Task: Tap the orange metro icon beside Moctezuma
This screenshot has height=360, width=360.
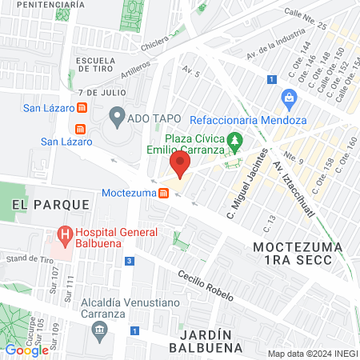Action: pos(163,193)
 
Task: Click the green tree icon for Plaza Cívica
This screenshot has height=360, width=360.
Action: pos(234,142)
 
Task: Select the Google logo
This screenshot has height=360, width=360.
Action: pos(26,350)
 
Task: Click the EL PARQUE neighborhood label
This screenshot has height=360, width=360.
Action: pos(50,205)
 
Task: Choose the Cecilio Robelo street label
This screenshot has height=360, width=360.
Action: pos(206,284)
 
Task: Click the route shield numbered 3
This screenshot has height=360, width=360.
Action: pos(130,261)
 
